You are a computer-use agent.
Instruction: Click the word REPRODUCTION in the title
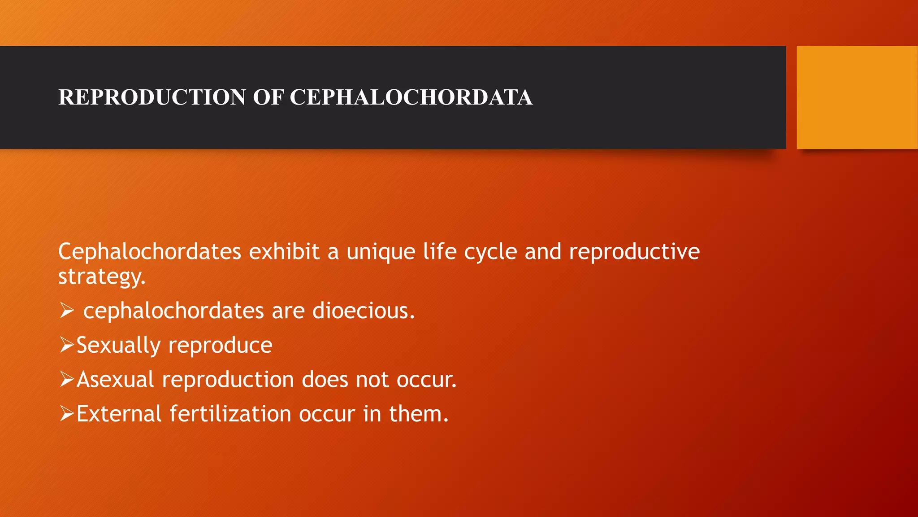click(x=152, y=97)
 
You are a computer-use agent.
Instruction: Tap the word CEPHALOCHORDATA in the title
click(x=411, y=97)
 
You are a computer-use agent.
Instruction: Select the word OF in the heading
click(x=268, y=97)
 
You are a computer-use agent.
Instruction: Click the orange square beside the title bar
click(x=857, y=97)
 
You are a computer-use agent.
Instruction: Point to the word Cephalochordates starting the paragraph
click(x=150, y=252)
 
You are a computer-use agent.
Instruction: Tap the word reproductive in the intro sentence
click(x=634, y=252)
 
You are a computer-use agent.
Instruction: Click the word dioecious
click(x=363, y=311)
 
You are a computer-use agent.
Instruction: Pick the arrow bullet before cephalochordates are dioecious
click(x=66, y=311)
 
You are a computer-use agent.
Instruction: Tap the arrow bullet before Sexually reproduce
click(x=66, y=345)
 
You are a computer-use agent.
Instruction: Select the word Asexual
click(x=116, y=380)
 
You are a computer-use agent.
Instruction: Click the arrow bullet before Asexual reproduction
click(x=66, y=379)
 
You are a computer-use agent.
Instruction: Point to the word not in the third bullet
click(x=372, y=380)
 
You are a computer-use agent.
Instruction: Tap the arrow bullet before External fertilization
click(x=66, y=413)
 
